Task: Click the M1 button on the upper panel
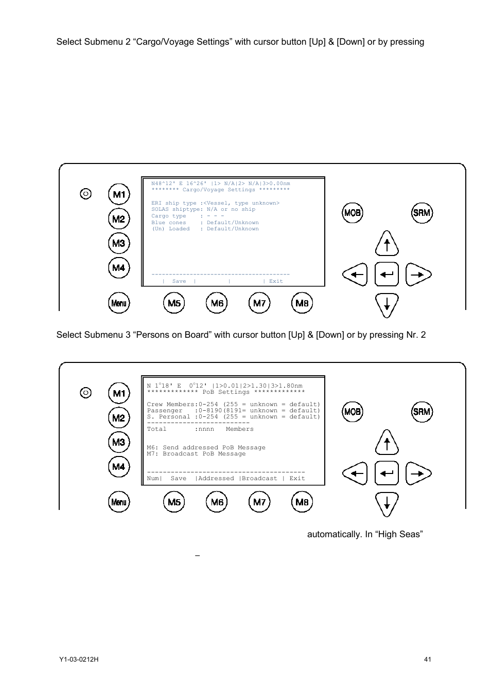tap(119, 194)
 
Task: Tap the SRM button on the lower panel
tap(422, 412)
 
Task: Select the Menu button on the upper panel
tap(119, 303)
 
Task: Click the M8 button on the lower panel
tap(302, 502)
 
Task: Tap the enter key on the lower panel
tap(387, 473)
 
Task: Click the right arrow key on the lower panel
tap(418, 473)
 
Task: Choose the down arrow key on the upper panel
tap(387, 305)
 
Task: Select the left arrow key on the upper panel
tap(355, 275)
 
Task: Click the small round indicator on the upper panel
tap(86, 194)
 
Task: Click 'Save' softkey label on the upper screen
tap(179, 281)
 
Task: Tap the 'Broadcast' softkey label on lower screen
tap(259, 479)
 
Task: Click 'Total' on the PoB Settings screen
tap(156, 429)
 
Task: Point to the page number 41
tap(427, 660)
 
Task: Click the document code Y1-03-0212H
tap(79, 660)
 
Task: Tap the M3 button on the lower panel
tap(119, 442)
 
